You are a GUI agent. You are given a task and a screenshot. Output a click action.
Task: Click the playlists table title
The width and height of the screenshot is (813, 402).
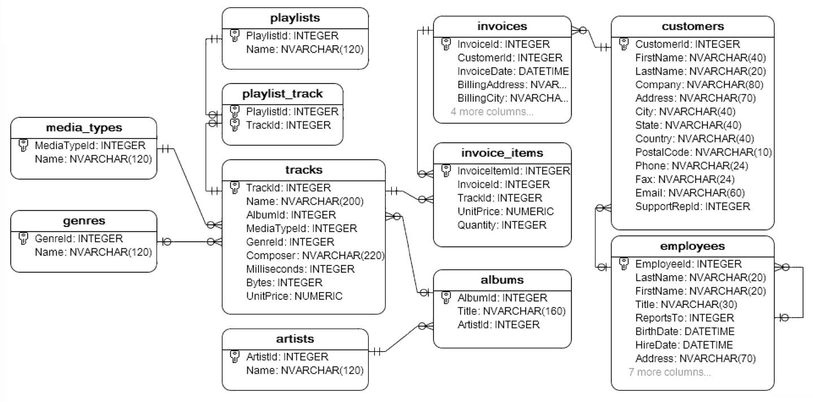[x=295, y=18]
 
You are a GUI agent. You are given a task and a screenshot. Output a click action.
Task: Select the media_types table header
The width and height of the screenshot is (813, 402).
[x=84, y=128]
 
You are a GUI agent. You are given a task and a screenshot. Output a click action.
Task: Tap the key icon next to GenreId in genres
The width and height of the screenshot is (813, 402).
[x=23, y=238]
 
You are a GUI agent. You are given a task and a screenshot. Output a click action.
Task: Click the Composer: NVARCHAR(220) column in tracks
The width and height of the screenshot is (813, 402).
[x=315, y=255]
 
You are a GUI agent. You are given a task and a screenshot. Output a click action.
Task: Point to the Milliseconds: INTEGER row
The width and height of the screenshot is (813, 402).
[x=300, y=269]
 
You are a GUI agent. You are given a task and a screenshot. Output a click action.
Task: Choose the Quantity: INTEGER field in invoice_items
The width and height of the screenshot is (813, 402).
[x=502, y=225]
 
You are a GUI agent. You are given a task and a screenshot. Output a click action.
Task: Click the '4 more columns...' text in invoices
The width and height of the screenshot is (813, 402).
[x=491, y=112]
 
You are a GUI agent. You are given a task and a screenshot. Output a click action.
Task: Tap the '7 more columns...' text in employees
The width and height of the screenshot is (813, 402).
[x=669, y=372]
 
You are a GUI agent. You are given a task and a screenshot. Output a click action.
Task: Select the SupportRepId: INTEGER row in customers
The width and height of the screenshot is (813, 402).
[x=692, y=207]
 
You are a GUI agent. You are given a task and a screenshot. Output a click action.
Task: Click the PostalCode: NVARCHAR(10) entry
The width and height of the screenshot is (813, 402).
[x=703, y=152]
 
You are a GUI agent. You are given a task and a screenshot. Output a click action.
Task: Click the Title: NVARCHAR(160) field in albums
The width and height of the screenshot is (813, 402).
[x=511, y=311]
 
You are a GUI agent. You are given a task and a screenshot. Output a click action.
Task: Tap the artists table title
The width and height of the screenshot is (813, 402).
[x=295, y=339]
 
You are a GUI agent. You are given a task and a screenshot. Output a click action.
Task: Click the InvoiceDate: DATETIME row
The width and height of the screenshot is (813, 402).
[x=513, y=71]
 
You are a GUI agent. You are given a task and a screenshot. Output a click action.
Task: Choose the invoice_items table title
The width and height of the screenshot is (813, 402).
[x=502, y=153]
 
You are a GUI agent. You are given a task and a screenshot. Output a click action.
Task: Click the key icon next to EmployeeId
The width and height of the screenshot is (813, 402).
[x=623, y=264]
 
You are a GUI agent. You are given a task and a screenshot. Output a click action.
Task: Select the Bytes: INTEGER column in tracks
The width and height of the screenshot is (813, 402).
[x=284, y=282]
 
